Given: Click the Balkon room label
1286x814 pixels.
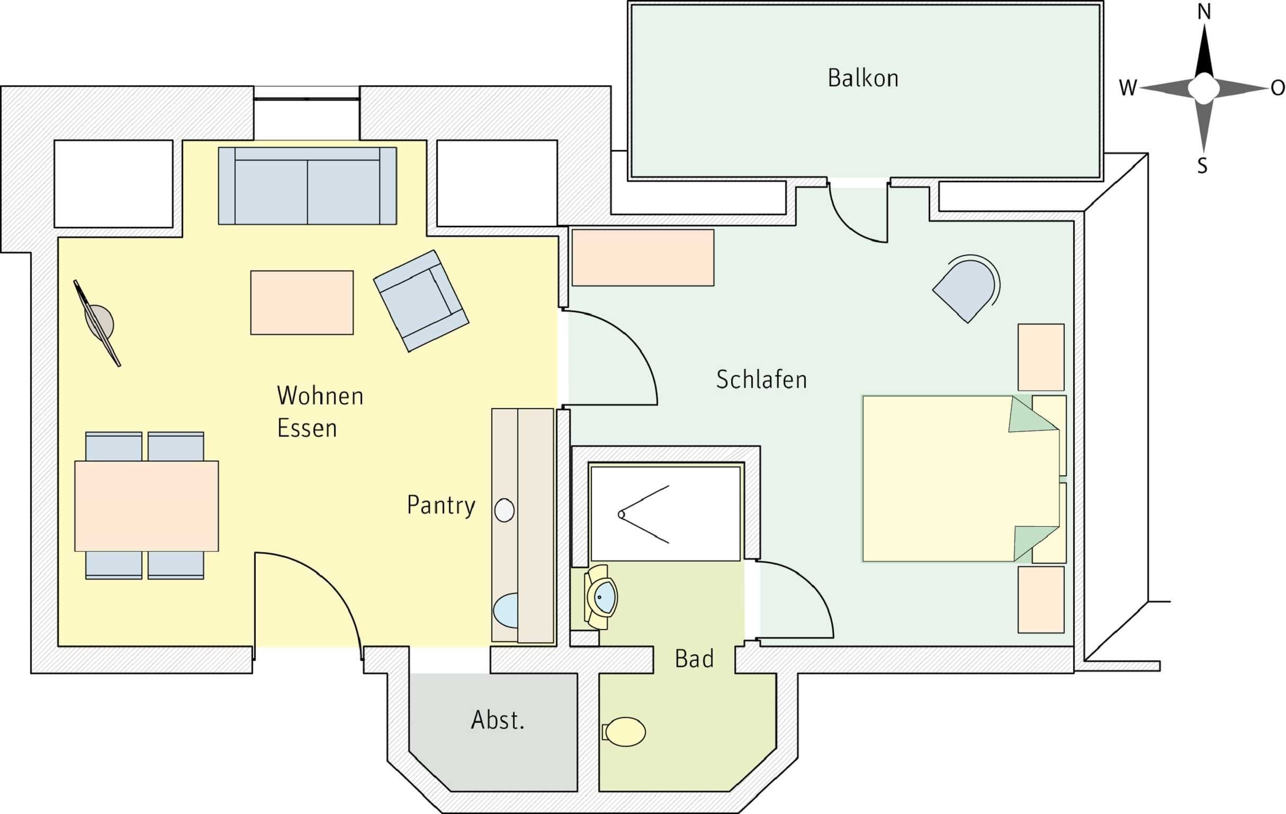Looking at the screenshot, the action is coord(863,78).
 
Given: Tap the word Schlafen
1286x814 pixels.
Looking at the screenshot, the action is coord(761,379).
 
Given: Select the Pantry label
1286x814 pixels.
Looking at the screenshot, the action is coord(441,506).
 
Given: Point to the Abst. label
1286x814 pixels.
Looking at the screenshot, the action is coord(498,720).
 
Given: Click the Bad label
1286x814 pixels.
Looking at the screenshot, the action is coord(694,659).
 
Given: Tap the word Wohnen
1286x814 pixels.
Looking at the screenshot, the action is coord(320,396).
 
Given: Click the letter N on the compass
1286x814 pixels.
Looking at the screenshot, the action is coord(1204,11).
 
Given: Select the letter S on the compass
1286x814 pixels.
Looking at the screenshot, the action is coord(1202,166).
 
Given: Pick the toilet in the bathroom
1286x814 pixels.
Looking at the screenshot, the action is coord(624,732).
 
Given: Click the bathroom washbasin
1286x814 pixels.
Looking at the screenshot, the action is coord(601,597).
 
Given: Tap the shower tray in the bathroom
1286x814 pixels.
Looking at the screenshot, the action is coord(666,514).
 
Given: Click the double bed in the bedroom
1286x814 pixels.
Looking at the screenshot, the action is coord(961,479).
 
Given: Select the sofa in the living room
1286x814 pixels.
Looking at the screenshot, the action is coord(307,185).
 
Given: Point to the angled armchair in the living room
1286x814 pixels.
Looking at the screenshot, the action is coord(421,301).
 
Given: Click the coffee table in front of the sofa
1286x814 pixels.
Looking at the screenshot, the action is coord(302,303).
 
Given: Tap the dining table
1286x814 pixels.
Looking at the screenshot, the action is coord(146,506).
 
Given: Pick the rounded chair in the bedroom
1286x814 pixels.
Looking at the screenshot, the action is coord(966,289).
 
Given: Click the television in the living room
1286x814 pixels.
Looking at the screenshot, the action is coord(97,323).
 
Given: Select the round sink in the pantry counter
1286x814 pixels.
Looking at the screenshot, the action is coord(504,510).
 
